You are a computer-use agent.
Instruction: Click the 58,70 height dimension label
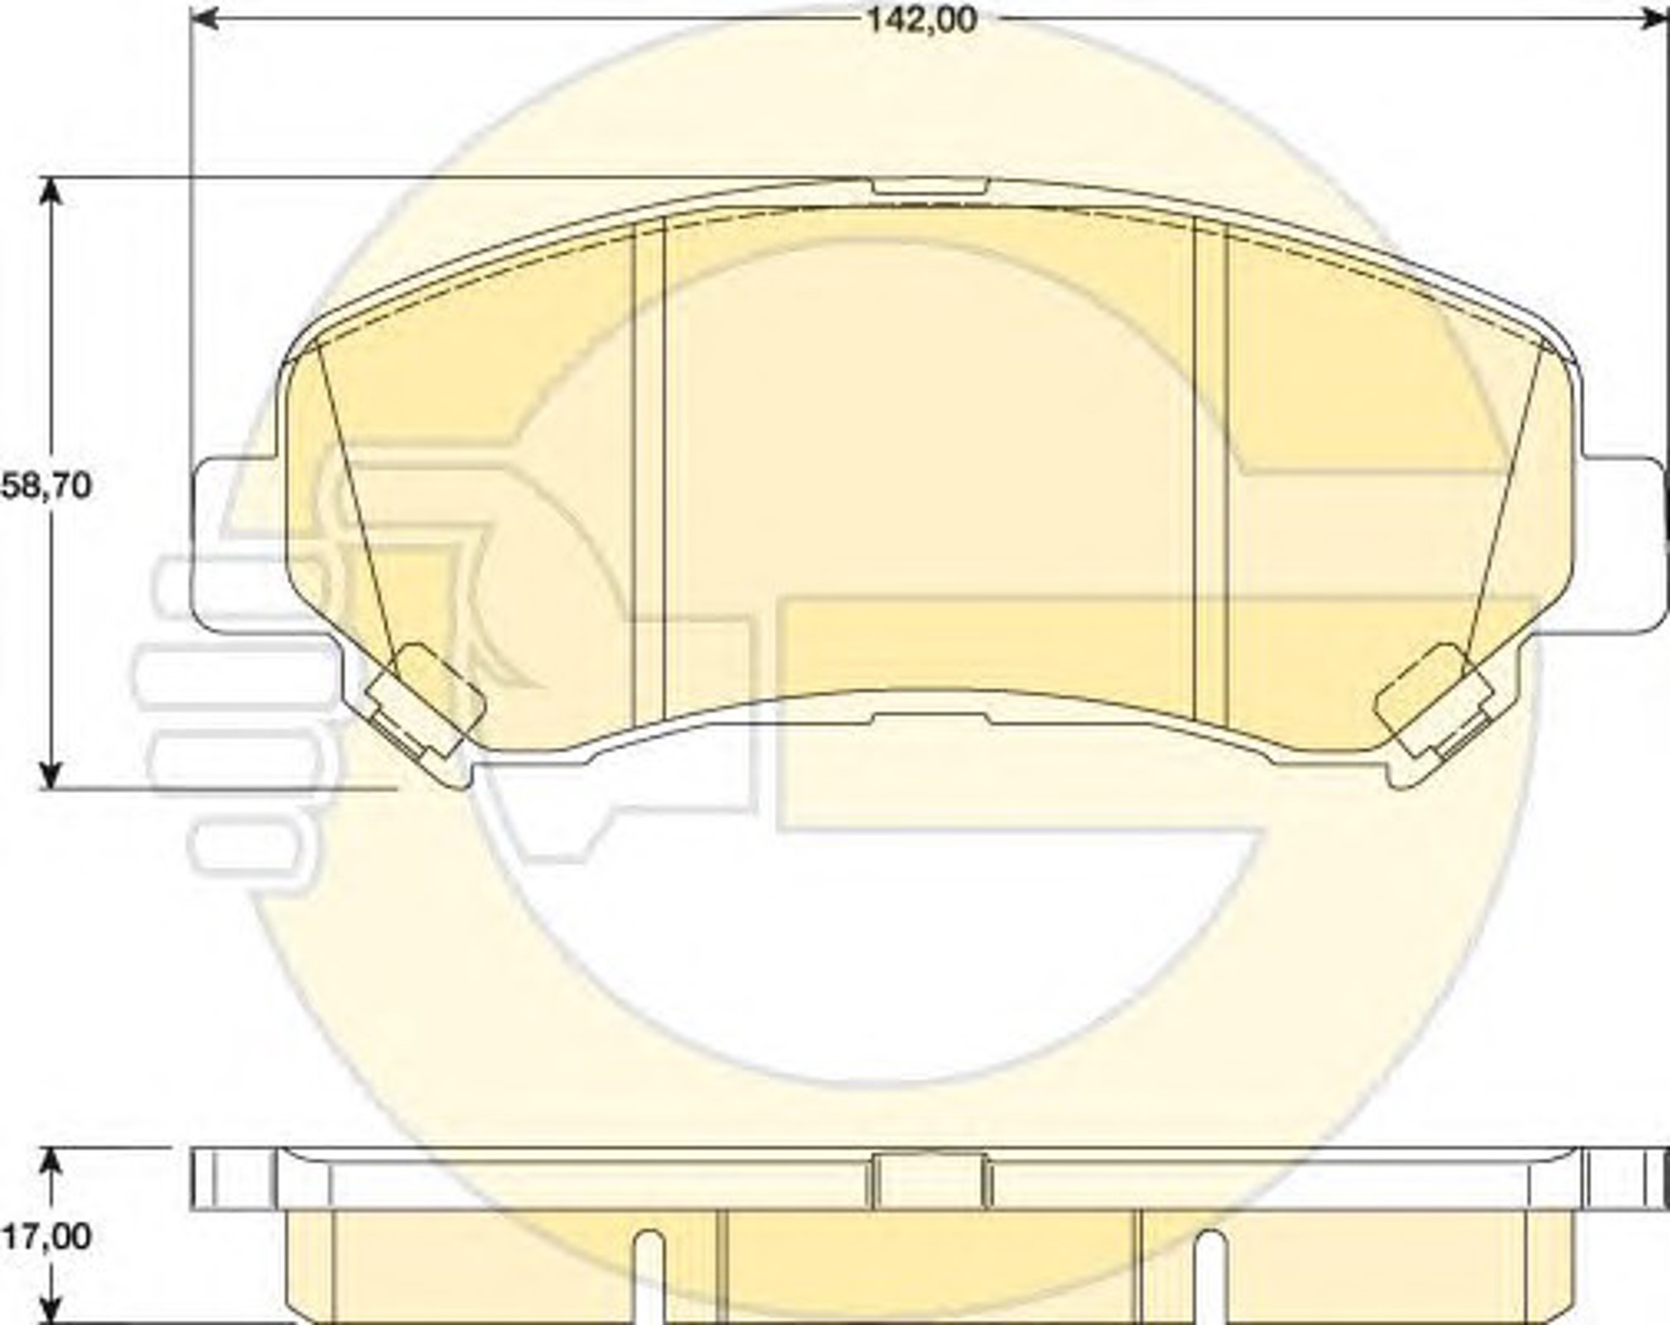click(x=46, y=486)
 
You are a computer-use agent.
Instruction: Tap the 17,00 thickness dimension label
click(x=46, y=1236)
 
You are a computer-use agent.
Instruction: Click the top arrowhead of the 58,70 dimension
click(x=51, y=193)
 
